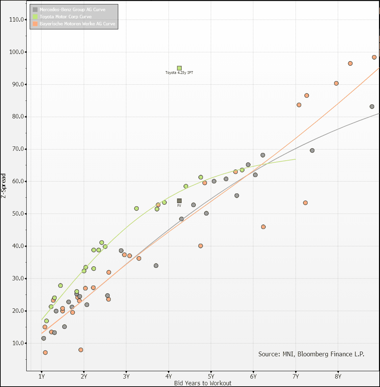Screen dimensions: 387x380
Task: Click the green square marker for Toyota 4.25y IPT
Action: pyautogui.click(x=179, y=68)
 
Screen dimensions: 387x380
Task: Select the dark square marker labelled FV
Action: pyautogui.click(x=179, y=201)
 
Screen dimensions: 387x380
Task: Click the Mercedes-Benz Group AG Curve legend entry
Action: pyautogui.click(x=72, y=9)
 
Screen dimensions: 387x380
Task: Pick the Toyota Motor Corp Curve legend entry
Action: pyautogui.click(x=66, y=17)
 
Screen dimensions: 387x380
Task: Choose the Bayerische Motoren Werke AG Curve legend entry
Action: pyautogui.click(x=77, y=24)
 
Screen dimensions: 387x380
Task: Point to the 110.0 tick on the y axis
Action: pyautogui.click(x=17, y=20)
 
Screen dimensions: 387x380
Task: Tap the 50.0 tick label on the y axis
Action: pyautogui.click(x=17, y=214)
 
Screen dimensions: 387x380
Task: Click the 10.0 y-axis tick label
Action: pyautogui.click(x=17, y=343)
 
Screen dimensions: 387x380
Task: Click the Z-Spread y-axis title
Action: pyautogui.click(x=3, y=186)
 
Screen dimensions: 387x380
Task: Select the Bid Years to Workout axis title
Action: pyautogui.click(x=203, y=383)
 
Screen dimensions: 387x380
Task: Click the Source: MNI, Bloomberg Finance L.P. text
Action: pyautogui.click(x=311, y=354)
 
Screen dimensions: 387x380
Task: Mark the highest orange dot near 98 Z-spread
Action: pyautogui.click(x=374, y=57)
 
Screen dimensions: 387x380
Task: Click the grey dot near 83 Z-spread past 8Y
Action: pyautogui.click(x=372, y=107)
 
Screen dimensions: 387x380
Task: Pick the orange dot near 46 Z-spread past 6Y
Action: pyautogui.click(x=263, y=227)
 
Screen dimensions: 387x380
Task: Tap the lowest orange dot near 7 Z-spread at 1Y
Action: pyautogui.click(x=45, y=353)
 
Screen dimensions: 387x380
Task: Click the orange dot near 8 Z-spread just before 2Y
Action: pyautogui.click(x=81, y=350)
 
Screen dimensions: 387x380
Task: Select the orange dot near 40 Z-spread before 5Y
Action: pyautogui.click(x=201, y=246)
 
